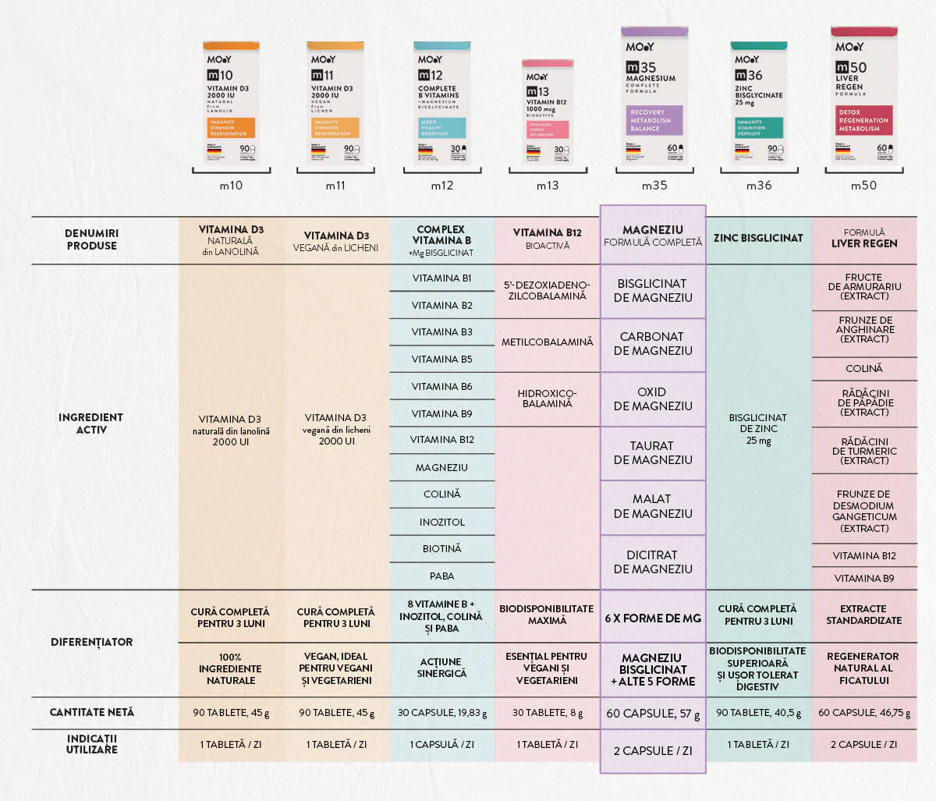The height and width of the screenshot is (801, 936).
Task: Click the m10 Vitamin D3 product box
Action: click(x=231, y=102)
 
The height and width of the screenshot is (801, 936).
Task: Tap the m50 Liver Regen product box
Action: click(x=863, y=97)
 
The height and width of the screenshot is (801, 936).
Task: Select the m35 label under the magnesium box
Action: click(x=654, y=186)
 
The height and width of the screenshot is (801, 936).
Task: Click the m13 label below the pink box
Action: click(x=548, y=186)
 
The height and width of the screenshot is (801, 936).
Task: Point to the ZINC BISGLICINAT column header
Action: click(x=758, y=238)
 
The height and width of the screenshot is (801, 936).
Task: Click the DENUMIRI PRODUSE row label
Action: click(x=91, y=239)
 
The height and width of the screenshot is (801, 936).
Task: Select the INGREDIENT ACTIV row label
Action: click(x=91, y=424)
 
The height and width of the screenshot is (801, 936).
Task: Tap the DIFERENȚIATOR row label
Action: click(x=91, y=642)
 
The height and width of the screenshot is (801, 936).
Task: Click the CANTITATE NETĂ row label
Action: click(x=91, y=712)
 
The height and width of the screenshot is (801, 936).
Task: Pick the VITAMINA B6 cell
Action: click(x=441, y=386)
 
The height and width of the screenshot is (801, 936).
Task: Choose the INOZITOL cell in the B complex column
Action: click(x=441, y=522)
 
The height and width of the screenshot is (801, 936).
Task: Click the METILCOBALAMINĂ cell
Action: click(x=547, y=342)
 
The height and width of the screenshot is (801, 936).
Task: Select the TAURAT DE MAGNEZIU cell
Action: click(x=652, y=452)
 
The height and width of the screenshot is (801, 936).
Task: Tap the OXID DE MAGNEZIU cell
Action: click(x=652, y=399)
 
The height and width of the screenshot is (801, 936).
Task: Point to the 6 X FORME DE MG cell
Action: click(x=652, y=618)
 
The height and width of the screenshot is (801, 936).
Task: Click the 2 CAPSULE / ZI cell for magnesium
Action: click(x=652, y=750)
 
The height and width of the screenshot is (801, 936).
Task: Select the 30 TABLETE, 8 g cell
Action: click(x=547, y=713)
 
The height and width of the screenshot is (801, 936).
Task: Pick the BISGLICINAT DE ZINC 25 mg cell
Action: click(x=758, y=429)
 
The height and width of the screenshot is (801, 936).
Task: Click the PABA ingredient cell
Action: click(x=441, y=576)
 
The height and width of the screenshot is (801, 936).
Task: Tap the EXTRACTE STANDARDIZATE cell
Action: click(x=863, y=615)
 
